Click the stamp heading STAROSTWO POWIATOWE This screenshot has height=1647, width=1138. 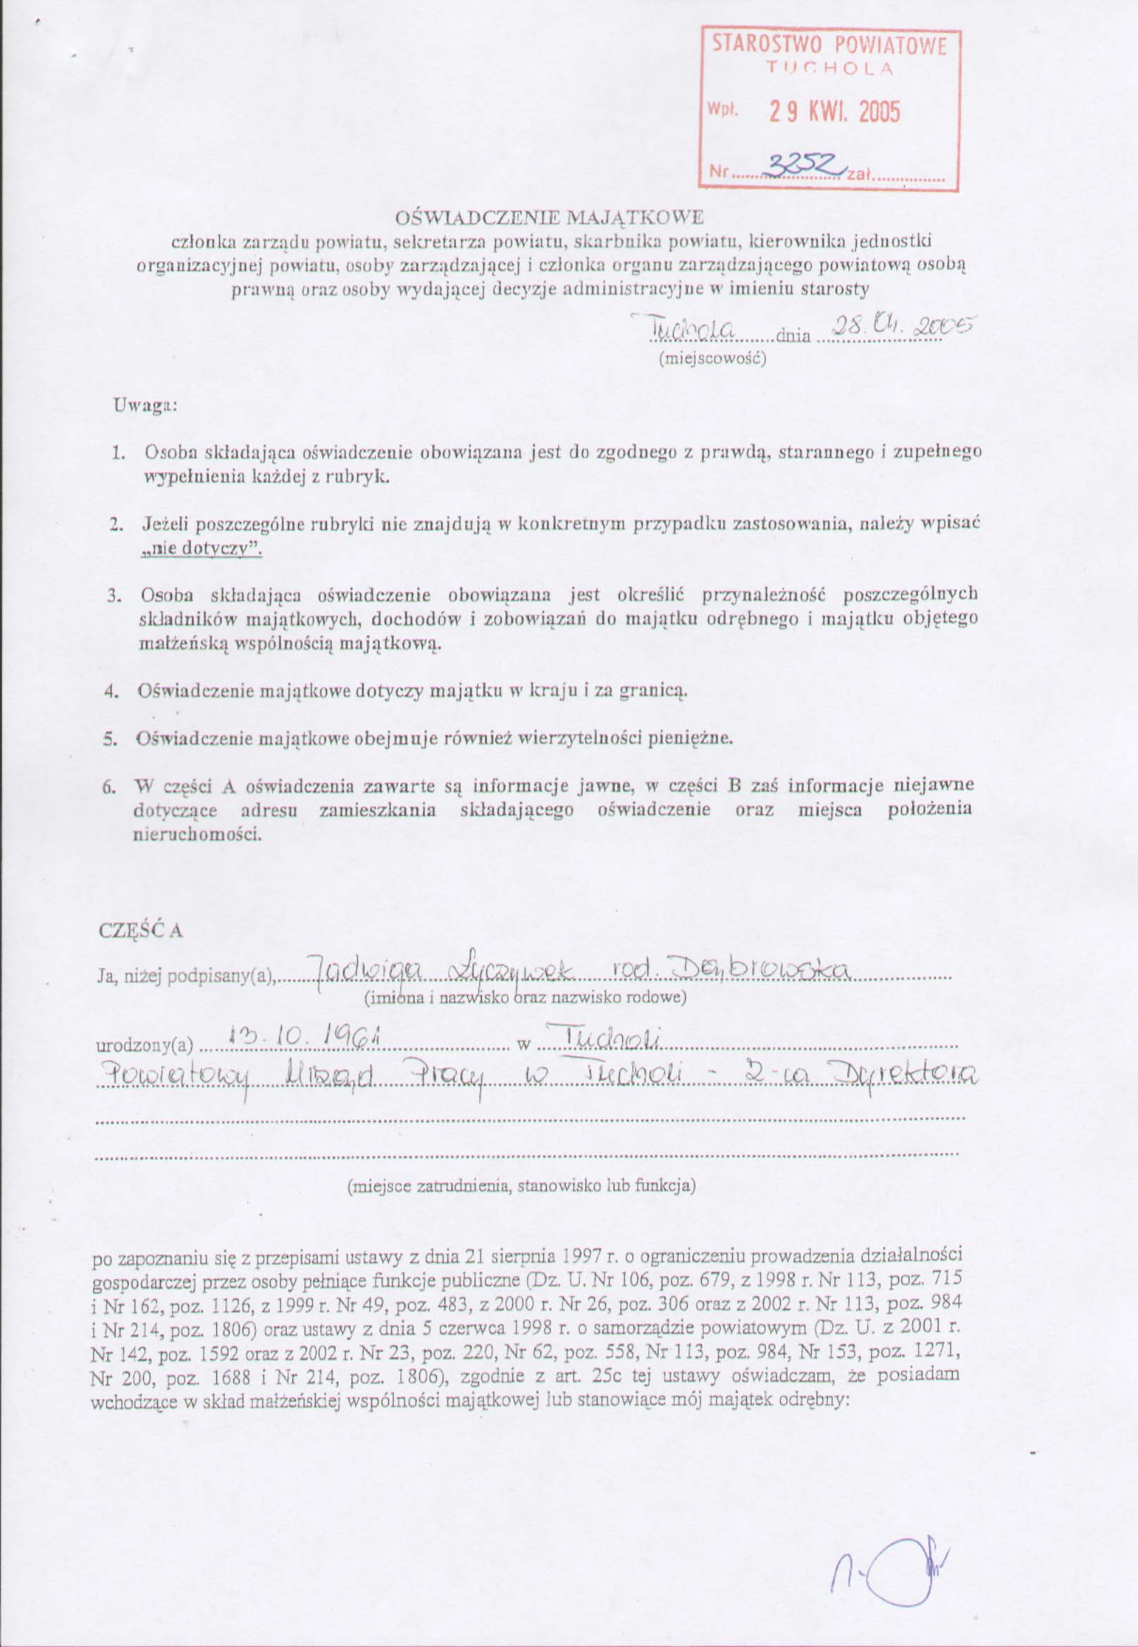(829, 47)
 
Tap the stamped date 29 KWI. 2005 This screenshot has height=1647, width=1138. (834, 112)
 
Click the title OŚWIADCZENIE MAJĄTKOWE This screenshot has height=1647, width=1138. (549, 216)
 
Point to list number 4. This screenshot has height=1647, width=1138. (111, 691)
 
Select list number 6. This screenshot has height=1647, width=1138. (109, 787)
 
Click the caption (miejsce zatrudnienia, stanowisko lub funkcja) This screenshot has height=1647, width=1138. (521, 1185)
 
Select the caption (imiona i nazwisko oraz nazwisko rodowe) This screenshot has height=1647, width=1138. (526, 997)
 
